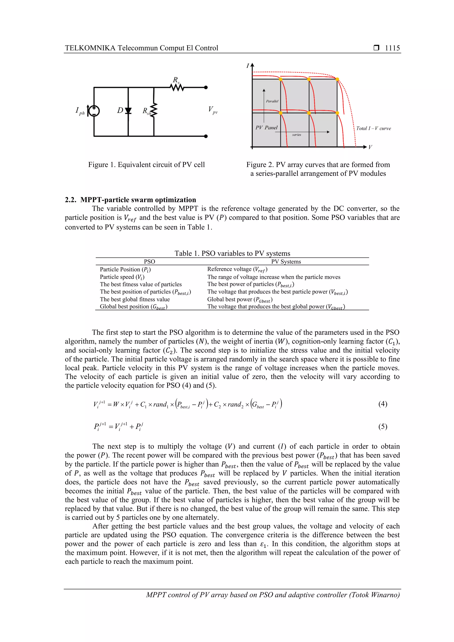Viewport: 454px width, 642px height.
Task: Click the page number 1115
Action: tap(392, 48)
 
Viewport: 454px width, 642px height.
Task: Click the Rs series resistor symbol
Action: tap(177, 88)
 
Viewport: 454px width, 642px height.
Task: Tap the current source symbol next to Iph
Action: tap(94, 111)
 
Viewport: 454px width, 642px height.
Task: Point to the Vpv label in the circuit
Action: tap(213, 110)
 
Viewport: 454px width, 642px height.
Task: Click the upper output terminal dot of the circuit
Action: tap(206, 88)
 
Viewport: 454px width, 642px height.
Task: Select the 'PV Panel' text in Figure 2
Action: tap(266, 127)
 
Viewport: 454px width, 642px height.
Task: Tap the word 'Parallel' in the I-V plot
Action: tap(272, 101)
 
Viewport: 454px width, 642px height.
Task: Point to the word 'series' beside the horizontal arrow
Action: tap(297, 135)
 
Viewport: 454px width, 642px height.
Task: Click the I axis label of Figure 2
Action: tap(248, 66)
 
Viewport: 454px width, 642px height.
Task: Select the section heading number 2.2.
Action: tap(70, 200)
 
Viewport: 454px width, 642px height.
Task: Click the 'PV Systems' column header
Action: tap(286, 262)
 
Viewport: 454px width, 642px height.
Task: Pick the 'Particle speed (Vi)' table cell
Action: tap(122, 277)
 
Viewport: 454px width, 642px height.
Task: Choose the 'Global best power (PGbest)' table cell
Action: tap(240, 299)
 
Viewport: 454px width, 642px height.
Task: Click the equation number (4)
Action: tap(382, 404)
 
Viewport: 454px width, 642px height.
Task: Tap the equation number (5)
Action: tap(382, 426)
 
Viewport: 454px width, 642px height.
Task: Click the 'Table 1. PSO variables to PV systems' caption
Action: tap(232, 253)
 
